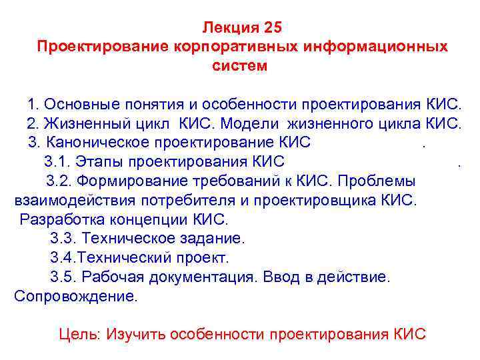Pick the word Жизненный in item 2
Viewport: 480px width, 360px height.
tap(79, 123)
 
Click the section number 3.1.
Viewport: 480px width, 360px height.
tap(57, 161)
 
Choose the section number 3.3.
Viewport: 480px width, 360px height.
tap(62, 238)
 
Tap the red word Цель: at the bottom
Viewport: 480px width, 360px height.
tap(80, 334)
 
